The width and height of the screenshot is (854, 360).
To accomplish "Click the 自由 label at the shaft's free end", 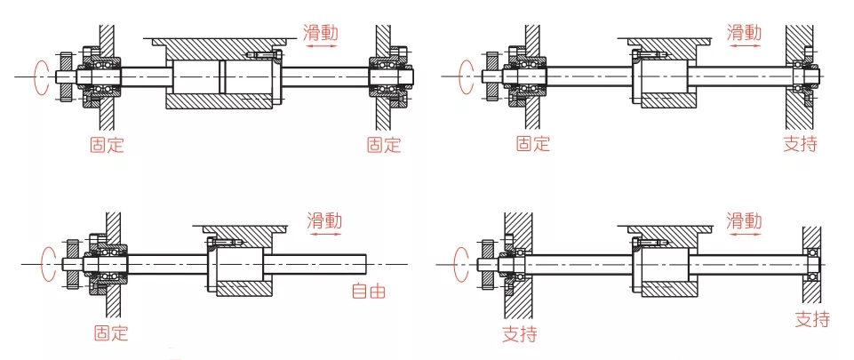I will (x=369, y=290).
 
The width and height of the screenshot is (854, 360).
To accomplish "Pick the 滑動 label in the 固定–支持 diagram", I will (x=744, y=33).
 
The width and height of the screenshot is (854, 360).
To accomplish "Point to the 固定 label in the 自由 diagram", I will (x=112, y=333).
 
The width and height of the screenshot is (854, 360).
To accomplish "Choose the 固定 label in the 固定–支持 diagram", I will (x=533, y=144).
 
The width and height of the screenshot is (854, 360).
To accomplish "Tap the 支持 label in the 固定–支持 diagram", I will (x=800, y=143).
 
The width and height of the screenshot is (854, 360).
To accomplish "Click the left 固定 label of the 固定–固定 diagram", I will (x=107, y=144).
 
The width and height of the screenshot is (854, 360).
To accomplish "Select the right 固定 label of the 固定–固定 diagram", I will (x=384, y=144).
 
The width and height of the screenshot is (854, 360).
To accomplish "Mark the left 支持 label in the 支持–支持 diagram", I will (x=519, y=334).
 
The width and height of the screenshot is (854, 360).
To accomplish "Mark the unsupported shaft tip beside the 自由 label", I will (x=366, y=264).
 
